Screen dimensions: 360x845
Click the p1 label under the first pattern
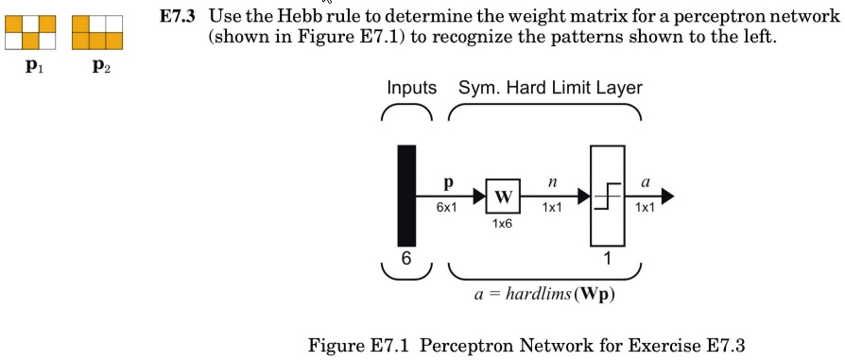[34, 67]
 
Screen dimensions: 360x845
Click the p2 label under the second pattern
[101, 67]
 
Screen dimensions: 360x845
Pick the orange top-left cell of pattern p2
[79, 24]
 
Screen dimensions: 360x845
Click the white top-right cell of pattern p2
[113, 24]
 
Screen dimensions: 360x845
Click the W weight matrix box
[503, 197]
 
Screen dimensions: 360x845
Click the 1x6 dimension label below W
[502, 226]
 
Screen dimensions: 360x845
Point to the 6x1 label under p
[447, 208]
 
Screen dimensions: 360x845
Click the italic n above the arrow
[548, 180]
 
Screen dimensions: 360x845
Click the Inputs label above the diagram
[411, 88]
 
